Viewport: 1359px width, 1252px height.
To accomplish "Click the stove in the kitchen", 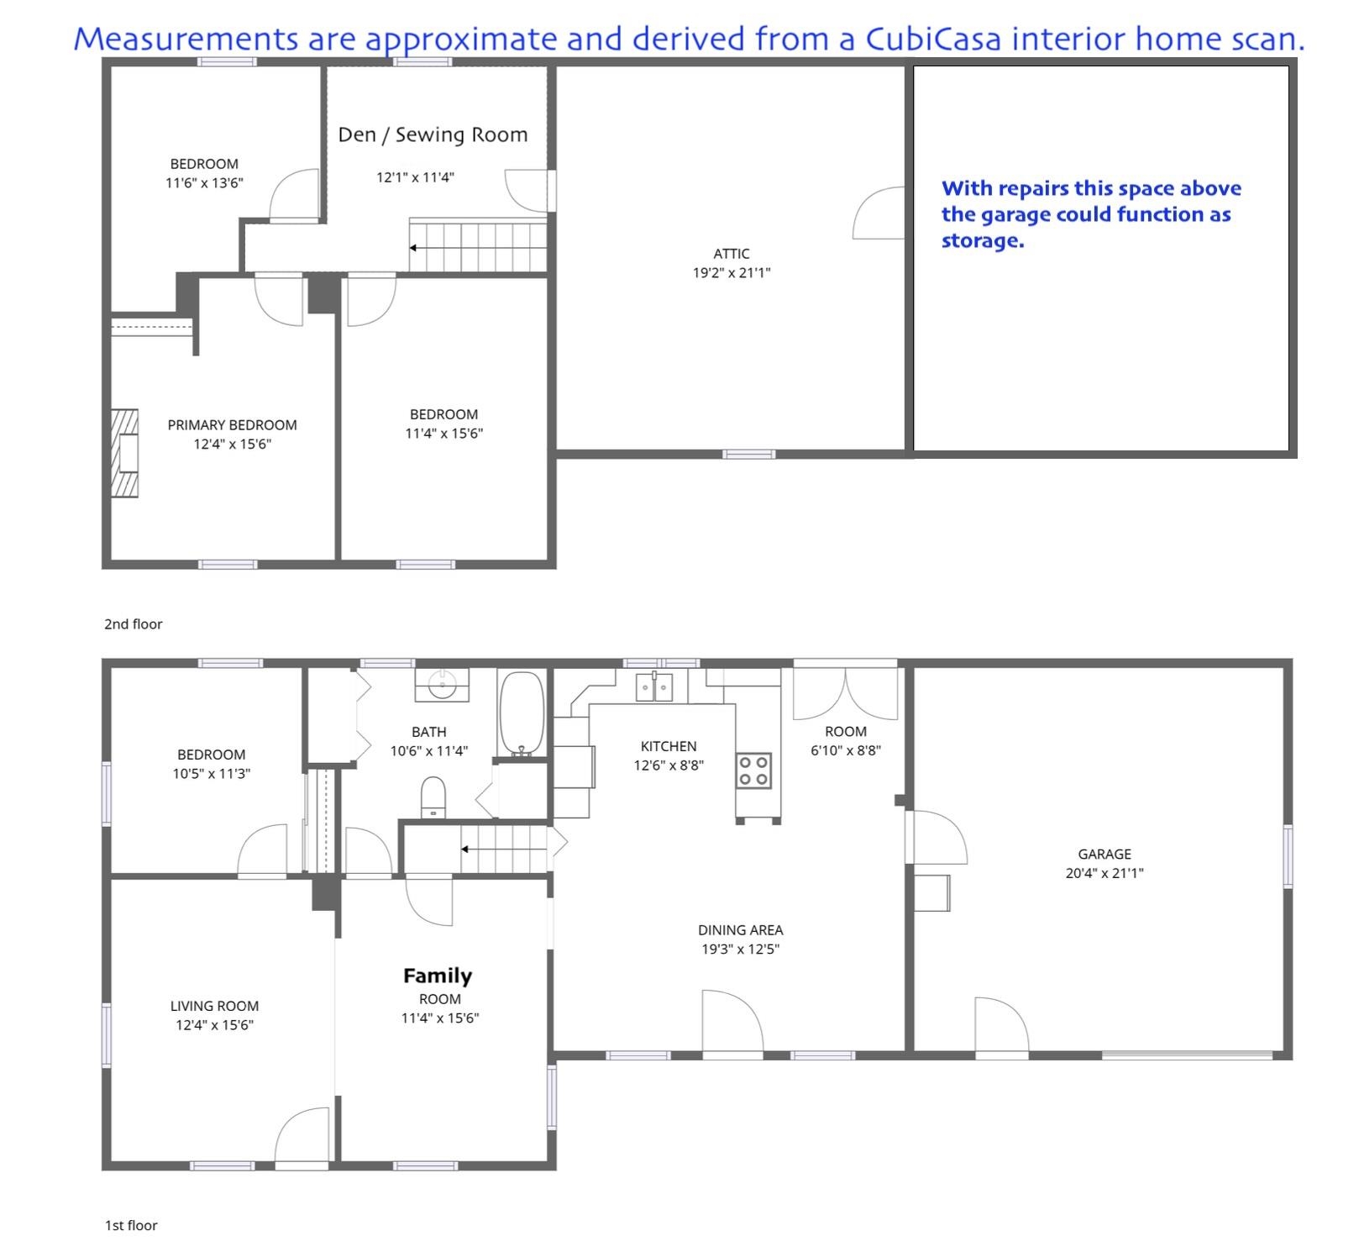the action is click(x=753, y=771).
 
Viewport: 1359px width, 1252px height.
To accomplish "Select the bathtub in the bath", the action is click(x=522, y=714).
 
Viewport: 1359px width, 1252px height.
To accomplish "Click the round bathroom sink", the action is click(x=442, y=685).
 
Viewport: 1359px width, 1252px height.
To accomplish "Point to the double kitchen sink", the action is click(x=653, y=687).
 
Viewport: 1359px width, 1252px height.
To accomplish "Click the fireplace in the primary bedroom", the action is click(x=124, y=453).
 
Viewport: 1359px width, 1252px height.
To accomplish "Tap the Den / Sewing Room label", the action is click(x=433, y=134).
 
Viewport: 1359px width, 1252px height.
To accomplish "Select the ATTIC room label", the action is click(x=732, y=254).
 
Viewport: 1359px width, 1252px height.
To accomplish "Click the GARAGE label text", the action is click(x=1105, y=854).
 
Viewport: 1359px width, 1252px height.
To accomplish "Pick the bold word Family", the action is click(x=438, y=976).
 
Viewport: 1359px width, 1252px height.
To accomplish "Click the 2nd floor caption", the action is click(x=134, y=624).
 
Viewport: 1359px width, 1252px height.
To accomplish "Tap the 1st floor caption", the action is click(x=131, y=1225).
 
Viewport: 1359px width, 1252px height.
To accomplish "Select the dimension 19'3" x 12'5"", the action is click(x=741, y=950).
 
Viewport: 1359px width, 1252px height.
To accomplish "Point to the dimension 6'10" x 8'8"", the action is click(x=846, y=750).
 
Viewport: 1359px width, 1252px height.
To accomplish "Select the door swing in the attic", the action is click(x=879, y=213).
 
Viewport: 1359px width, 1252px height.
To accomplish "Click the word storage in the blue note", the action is click(x=983, y=241).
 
